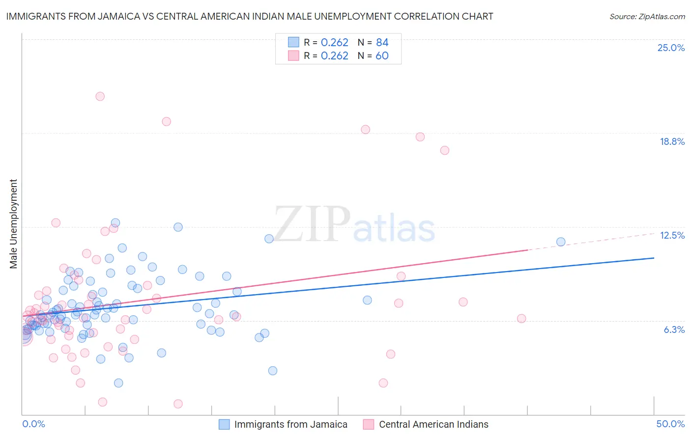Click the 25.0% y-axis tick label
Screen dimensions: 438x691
point(671,48)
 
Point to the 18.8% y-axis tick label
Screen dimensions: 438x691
point(672,141)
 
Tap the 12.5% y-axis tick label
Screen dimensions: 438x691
point(672,235)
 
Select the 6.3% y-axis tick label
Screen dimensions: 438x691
point(674,329)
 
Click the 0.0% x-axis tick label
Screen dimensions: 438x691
point(33,424)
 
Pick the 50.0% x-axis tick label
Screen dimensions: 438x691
point(670,424)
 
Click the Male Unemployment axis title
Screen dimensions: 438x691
point(13,224)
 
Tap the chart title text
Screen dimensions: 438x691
point(250,16)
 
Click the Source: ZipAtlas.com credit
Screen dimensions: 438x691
point(647,16)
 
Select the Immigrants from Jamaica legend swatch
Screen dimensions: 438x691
point(224,424)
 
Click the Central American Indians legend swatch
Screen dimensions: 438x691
point(369,424)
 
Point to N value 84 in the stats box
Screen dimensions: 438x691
point(382,43)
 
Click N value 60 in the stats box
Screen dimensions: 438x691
point(382,56)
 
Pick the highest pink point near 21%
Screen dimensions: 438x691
point(100,96)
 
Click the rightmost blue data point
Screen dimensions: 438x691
point(561,242)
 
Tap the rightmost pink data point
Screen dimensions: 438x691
point(521,318)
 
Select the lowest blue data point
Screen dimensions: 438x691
point(118,383)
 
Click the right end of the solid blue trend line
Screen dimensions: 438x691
point(654,258)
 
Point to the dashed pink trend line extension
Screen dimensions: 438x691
point(590,241)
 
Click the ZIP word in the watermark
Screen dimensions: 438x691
point(312,224)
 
